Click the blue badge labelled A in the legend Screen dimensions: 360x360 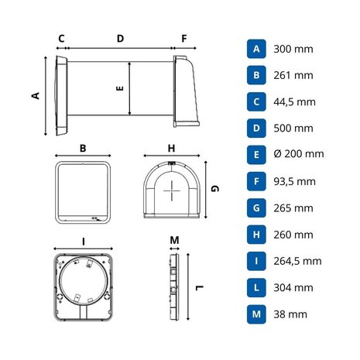255,48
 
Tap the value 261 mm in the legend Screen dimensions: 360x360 293,75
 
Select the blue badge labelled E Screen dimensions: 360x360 255,154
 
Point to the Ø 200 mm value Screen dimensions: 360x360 299,154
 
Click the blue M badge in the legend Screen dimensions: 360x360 255,314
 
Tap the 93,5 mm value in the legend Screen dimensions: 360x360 295,181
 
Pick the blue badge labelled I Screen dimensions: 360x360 255,261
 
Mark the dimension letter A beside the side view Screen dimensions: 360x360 35,95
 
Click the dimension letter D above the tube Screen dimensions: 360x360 120,37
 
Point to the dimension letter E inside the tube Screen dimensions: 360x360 120,89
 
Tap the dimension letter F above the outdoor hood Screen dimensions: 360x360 183,37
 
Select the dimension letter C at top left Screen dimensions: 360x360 60,37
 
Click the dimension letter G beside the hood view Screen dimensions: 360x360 216,188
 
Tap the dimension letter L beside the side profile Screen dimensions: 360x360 199,288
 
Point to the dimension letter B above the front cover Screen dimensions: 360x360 83,147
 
